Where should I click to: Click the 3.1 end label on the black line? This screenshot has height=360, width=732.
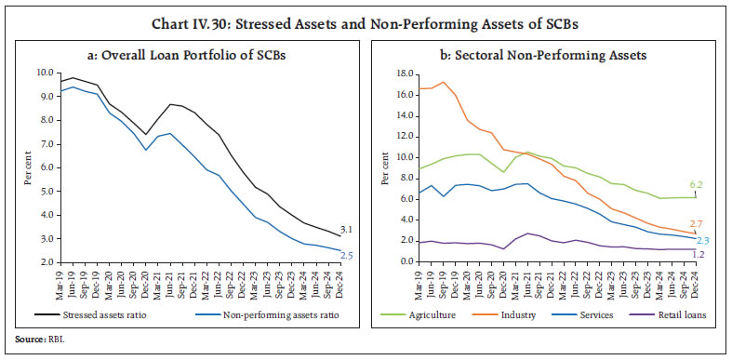pos(346,229)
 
